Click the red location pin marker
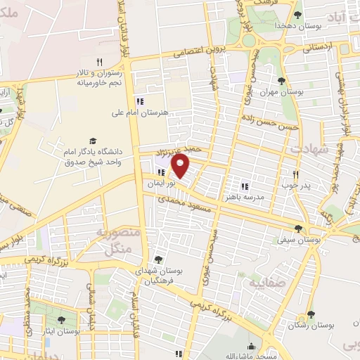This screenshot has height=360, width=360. coord(181,167)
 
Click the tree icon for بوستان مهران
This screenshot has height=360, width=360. coord(282,81)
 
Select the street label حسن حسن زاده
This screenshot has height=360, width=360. coord(269,122)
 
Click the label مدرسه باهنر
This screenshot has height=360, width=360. coord(243,198)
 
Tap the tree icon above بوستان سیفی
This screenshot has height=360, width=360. coord(299,229)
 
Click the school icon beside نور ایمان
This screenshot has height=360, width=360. coord(162,172)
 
